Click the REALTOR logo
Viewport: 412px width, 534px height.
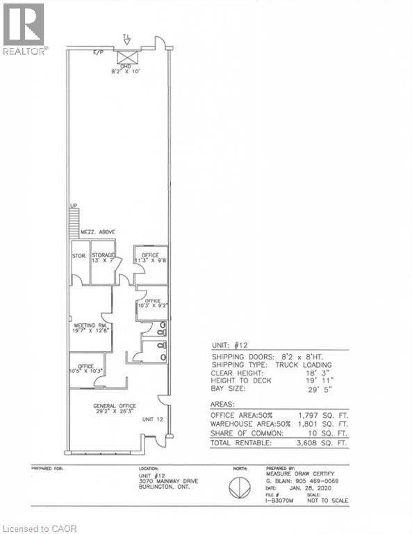[24, 29]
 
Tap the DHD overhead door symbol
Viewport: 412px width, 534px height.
[127, 57]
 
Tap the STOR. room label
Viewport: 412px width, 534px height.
[79, 256]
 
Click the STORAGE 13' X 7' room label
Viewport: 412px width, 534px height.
[103, 259]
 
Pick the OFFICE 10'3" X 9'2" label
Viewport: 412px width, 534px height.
[152, 303]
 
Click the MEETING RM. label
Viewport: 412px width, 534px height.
[89, 327]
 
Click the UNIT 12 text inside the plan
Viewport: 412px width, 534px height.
[151, 419]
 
